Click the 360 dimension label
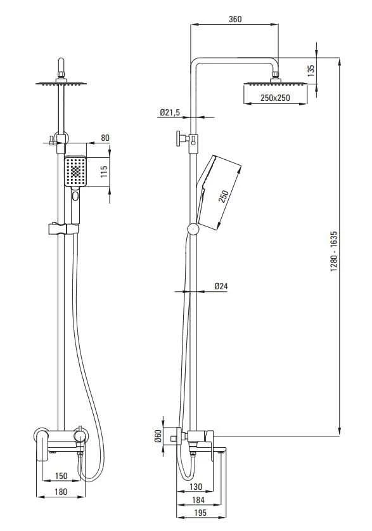pyautogui.click(x=235, y=19)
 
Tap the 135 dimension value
pyautogui.click(x=311, y=70)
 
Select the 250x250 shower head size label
pyautogui.click(x=275, y=98)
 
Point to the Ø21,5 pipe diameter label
pyautogui.click(x=170, y=112)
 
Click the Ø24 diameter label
pyautogui.click(x=221, y=286)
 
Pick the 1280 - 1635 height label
pyautogui.click(x=334, y=252)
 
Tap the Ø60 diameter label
pyautogui.click(x=158, y=436)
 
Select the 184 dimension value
pyautogui.click(x=198, y=500)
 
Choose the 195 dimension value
pyautogui.click(x=200, y=513)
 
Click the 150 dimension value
pyautogui.click(x=61, y=476)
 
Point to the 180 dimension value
pyautogui.click(x=61, y=492)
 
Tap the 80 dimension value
pyautogui.click(x=105, y=138)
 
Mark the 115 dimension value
pyautogui.click(x=104, y=171)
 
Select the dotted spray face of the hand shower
pyautogui.click(x=75, y=171)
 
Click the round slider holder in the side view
pyautogui.click(x=193, y=229)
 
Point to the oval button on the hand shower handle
pyautogui.click(x=75, y=196)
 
